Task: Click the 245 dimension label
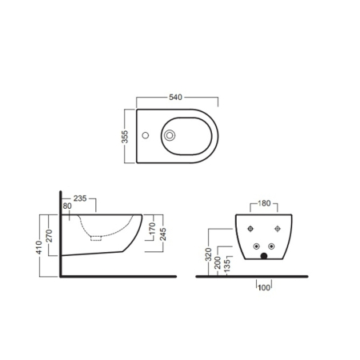tap(162, 233)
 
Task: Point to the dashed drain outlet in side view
tap(97, 238)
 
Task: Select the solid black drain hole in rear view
tap(263, 256)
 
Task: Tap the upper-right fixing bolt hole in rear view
tap(277, 230)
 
